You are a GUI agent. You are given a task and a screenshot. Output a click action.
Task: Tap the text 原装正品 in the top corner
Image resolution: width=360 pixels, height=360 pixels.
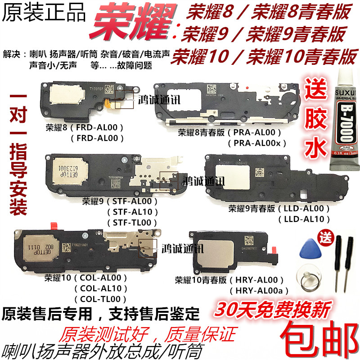(x=43, y=13)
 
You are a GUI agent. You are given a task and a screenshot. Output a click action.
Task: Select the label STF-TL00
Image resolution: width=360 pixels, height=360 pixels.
(x=132, y=222)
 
